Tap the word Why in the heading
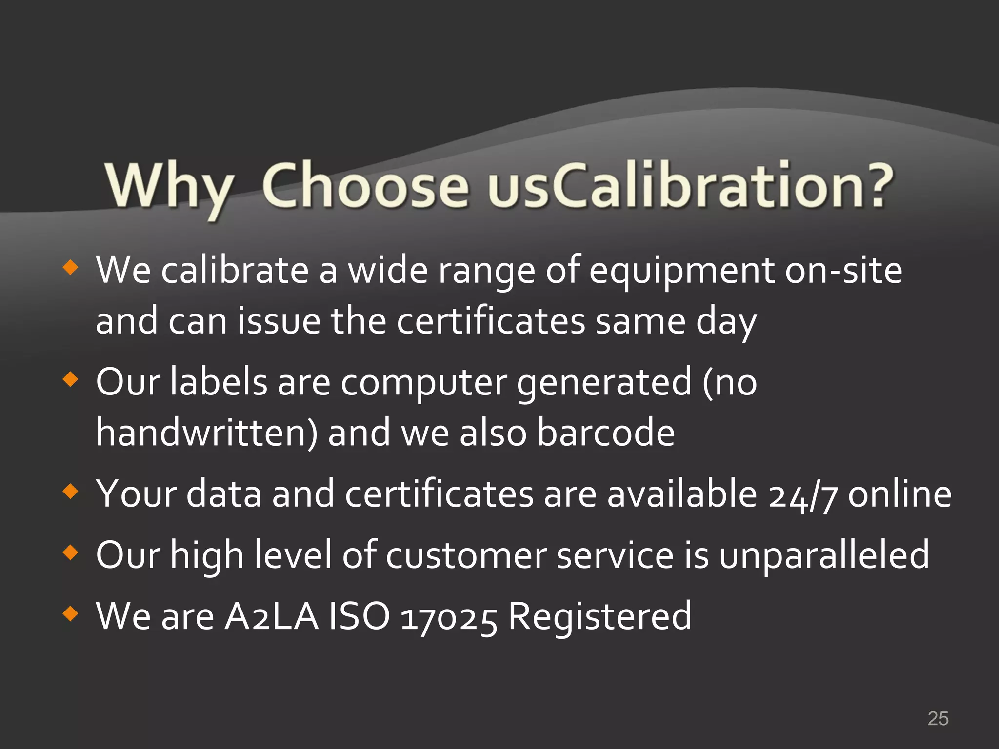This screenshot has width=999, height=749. (168, 188)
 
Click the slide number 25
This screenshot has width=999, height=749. (938, 719)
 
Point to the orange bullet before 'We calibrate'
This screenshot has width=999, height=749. (71, 267)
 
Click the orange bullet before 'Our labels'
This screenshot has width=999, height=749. (71, 379)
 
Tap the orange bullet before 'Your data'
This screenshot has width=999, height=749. (71, 492)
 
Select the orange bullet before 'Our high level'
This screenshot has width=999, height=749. (71, 552)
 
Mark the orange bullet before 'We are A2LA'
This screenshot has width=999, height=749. (71, 613)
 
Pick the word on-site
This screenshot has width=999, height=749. (843, 271)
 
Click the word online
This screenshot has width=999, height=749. (899, 494)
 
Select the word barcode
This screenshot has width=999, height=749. (606, 433)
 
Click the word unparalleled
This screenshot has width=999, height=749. (824, 555)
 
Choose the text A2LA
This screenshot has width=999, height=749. (271, 616)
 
